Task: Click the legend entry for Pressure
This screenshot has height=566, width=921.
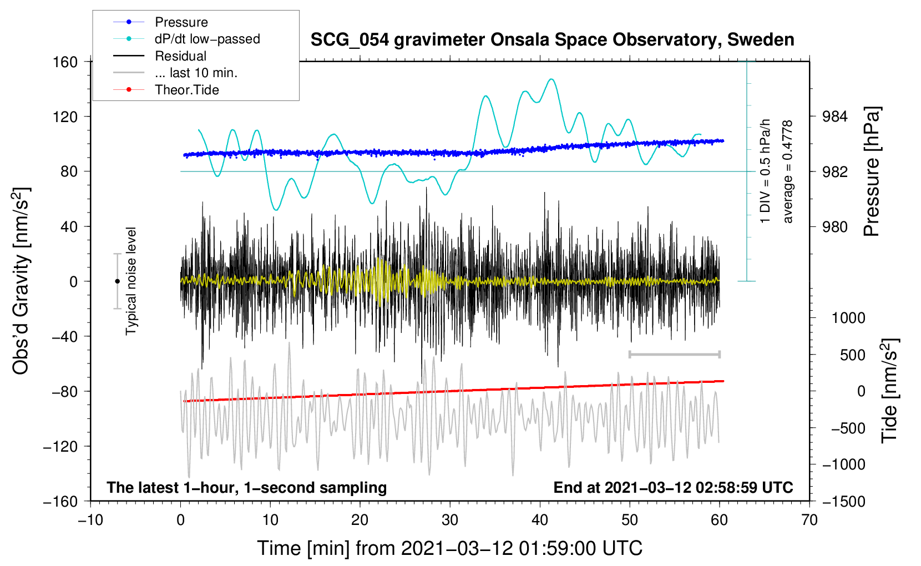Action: coord(181,22)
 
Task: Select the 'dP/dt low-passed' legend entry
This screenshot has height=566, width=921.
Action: coord(208,39)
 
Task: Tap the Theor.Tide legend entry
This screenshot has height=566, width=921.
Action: coord(186,90)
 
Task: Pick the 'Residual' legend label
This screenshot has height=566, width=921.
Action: coord(180,56)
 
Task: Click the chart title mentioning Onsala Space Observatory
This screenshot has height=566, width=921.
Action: coord(552,40)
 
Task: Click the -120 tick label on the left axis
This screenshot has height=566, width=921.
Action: coord(60,446)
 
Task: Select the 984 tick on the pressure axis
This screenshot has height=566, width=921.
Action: coord(834,117)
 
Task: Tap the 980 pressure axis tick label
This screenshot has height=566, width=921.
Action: coord(834,226)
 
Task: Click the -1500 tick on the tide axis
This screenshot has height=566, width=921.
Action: coord(844,502)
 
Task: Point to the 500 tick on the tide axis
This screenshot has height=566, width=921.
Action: coord(853,355)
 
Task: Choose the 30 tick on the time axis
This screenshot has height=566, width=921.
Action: coord(450,520)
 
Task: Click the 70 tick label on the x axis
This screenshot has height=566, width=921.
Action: coord(809,520)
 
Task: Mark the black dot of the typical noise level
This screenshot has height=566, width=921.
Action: coord(117,281)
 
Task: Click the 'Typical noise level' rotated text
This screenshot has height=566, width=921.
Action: coord(131,281)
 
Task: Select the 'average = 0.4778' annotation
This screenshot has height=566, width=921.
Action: coord(787,171)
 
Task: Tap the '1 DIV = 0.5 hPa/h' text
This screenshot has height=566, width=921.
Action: coord(765,171)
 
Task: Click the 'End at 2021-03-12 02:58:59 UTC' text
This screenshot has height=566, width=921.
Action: coord(673,487)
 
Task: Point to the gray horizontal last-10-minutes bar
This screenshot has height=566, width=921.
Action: coord(674,354)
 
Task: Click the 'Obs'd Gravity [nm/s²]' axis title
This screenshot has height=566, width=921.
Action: coord(21,281)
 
